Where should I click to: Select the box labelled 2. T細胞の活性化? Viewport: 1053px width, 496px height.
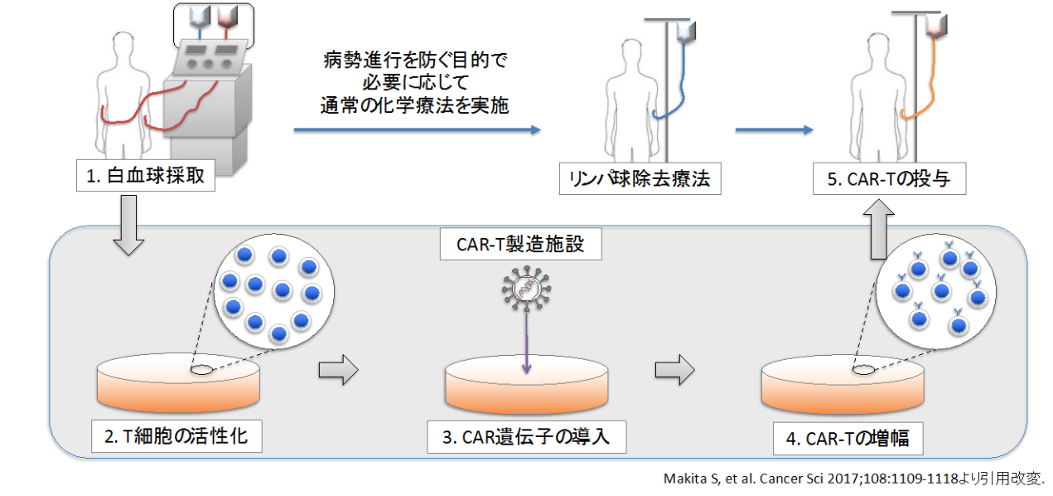point(175,436)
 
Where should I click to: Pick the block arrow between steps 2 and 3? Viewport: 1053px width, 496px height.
point(338,370)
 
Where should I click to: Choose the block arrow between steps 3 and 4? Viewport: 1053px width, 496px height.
point(674,370)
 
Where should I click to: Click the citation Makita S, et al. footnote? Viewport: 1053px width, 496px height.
point(854,479)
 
